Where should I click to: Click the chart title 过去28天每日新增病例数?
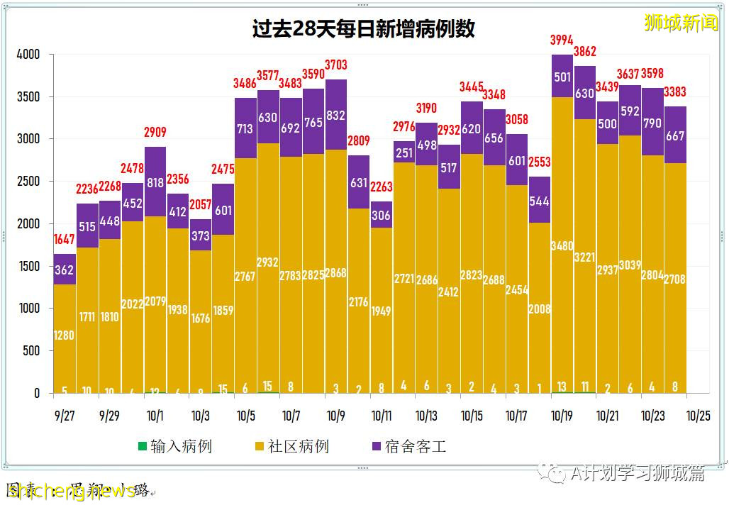(364, 29)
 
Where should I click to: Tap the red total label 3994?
(562, 40)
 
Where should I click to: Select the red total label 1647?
(65, 240)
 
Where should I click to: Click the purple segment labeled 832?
(336, 115)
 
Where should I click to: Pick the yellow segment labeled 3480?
(562, 245)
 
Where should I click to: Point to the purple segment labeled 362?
(65, 270)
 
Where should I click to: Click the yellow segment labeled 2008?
(539, 308)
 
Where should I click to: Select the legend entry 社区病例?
(291, 447)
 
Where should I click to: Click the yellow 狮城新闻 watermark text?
(681, 23)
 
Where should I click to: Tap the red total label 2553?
(539, 162)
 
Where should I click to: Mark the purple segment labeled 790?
(652, 122)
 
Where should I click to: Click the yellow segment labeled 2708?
(675, 279)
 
